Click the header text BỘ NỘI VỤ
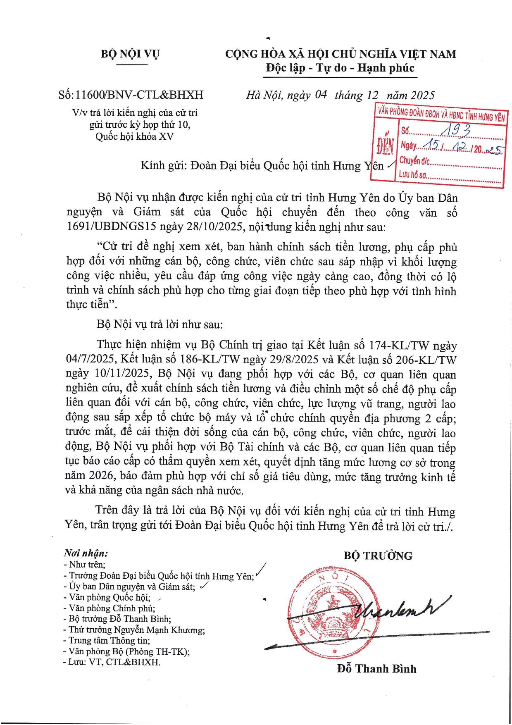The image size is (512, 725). pos(130,54)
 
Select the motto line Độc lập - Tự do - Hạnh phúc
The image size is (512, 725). pos(340,68)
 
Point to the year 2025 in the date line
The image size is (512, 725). pos(422,95)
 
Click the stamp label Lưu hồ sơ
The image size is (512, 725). pos(412,174)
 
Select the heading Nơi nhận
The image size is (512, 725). pos(86,553)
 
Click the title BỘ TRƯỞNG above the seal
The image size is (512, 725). pos(378,556)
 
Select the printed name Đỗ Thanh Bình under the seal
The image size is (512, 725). pos(376,669)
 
